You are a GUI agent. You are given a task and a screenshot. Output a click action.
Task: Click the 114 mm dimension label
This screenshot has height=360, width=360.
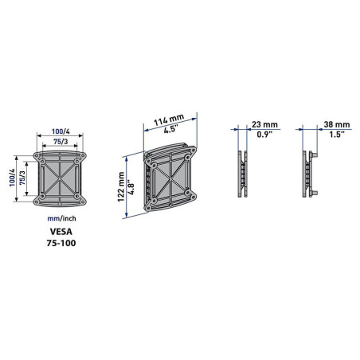pyautogui.click(x=169, y=120)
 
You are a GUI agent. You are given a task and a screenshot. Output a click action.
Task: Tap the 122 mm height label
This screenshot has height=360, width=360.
pyautogui.click(x=121, y=186)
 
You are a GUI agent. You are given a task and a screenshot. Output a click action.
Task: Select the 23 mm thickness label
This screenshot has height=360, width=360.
pyautogui.click(x=264, y=124)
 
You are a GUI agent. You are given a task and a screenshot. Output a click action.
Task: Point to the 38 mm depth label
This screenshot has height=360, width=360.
pyautogui.click(x=337, y=124)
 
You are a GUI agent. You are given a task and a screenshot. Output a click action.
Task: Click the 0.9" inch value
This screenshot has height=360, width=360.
pyautogui.click(x=264, y=135)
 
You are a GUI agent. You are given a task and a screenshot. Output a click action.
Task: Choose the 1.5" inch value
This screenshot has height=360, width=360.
pyautogui.click(x=337, y=135)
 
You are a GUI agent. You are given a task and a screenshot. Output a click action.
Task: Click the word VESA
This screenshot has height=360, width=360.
pyautogui.click(x=61, y=232)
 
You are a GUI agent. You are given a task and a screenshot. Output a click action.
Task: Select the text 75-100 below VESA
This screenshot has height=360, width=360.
pyautogui.click(x=61, y=243)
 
